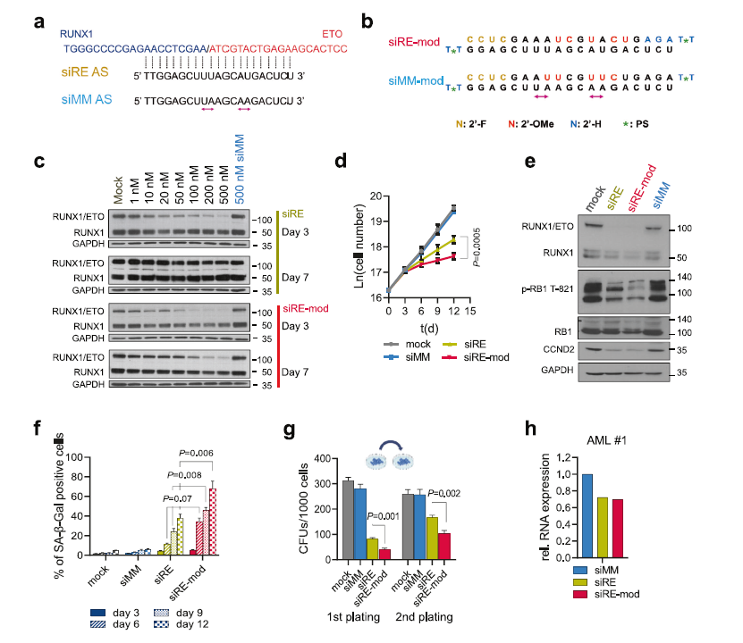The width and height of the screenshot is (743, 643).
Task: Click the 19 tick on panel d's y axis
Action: (376, 219)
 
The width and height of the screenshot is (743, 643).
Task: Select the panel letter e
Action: (530, 163)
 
